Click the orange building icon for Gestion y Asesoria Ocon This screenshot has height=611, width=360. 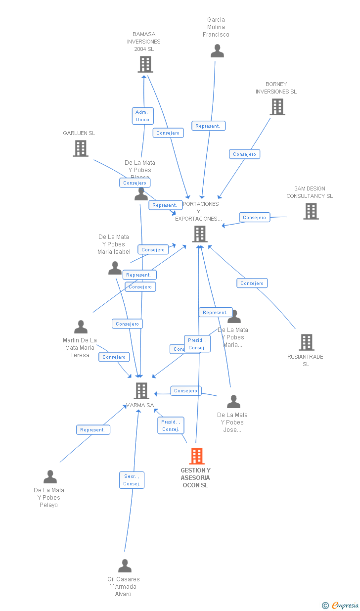tap(197, 456)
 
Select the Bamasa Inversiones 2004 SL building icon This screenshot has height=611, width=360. tap(145, 64)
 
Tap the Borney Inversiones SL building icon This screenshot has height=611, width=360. tap(277, 106)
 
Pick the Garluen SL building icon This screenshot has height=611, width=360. tap(81, 148)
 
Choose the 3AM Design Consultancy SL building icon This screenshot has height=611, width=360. tap(311, 211)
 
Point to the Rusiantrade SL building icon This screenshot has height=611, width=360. tap(306, 342)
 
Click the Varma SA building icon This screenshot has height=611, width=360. tap(141, 391)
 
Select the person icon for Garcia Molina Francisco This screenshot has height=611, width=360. tap(217, 51)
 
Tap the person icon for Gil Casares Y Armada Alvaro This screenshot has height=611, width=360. tap(125, 565)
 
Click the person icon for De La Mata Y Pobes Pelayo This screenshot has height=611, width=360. tap(50, 477)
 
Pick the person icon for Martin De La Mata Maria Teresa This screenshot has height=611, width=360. tap(81, 327)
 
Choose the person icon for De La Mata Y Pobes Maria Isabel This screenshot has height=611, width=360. tap(115, 268)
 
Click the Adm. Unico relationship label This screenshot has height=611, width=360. tap(142, 116)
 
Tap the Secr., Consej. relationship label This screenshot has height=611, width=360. tap(132, 480)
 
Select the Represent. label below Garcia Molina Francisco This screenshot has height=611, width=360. tap(208, 126)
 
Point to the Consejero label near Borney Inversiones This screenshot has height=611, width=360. tap(244, 154)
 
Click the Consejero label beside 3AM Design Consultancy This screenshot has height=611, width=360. tap(255, 218)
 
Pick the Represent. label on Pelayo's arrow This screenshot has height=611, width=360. tap(93, 430)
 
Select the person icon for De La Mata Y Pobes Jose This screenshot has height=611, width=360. tap(233, 402)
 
